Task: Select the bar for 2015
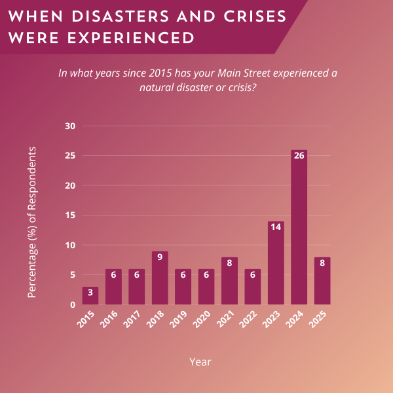point(90,296)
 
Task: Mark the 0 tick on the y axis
point(73,305)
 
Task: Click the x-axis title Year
point(200,361)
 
